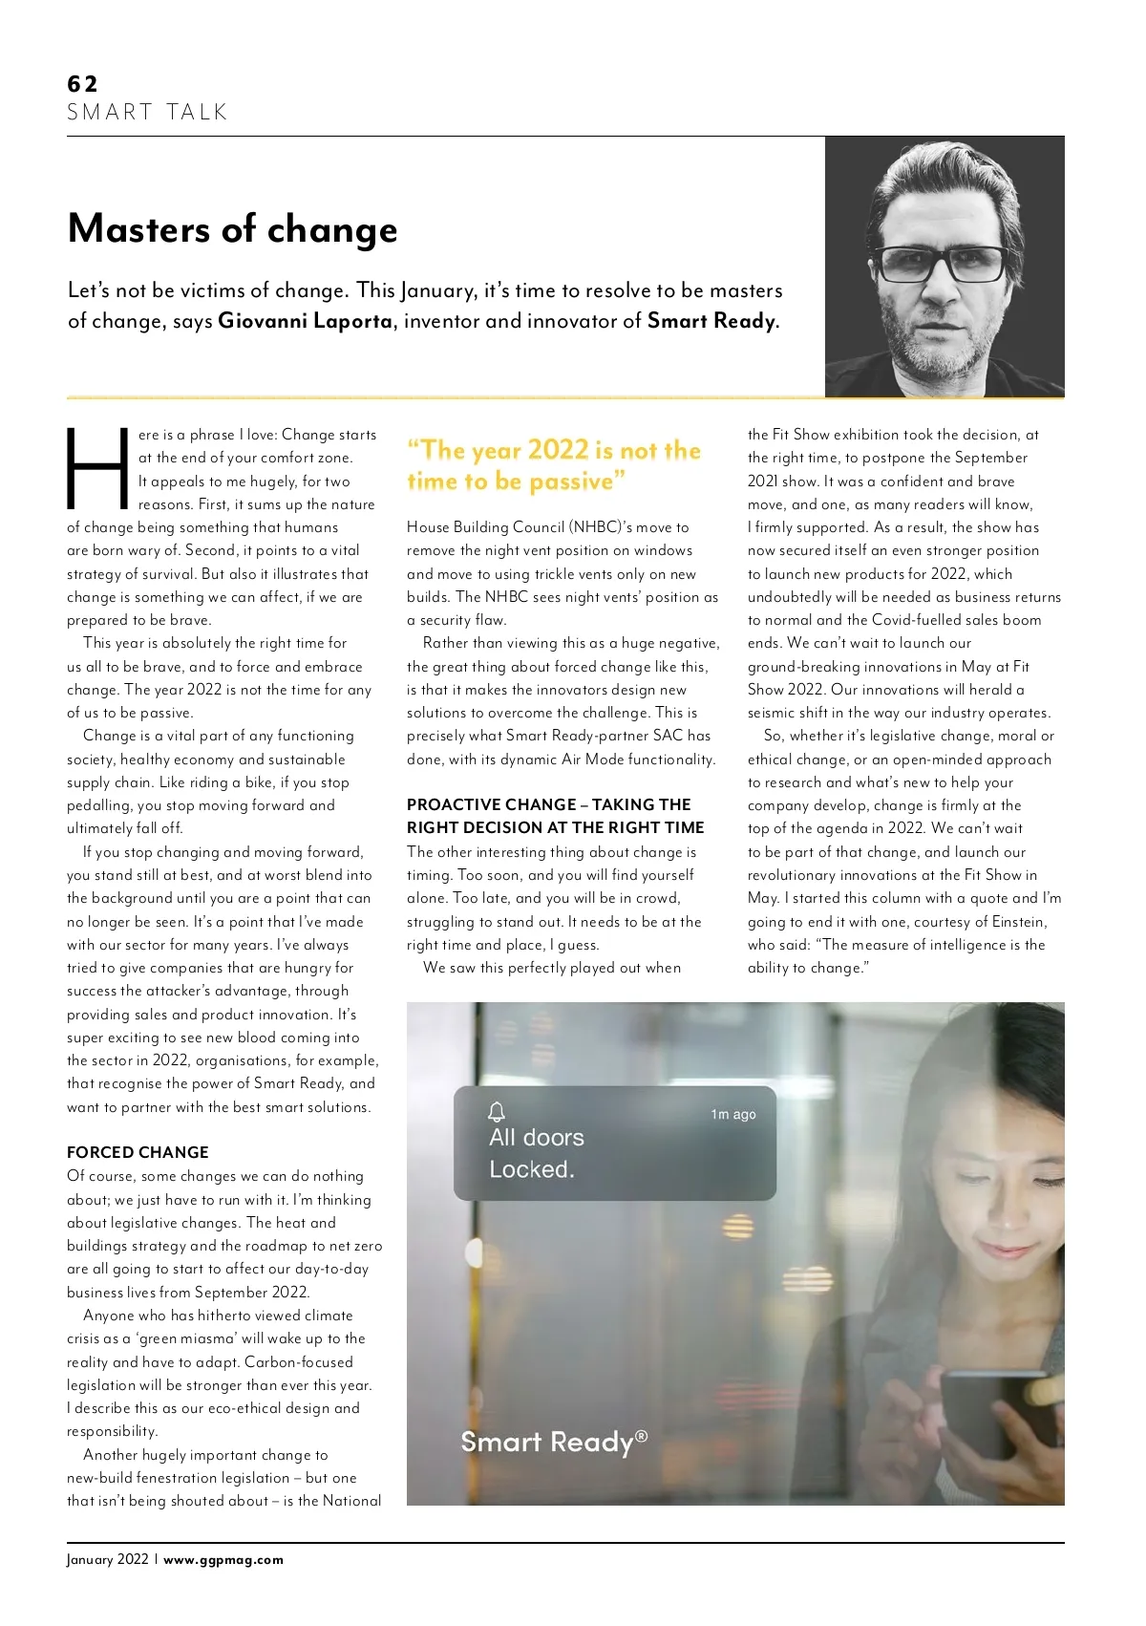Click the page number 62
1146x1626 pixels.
click(x=82, y=84)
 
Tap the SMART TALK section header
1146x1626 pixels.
click(x=147, y=113)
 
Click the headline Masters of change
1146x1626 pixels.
click(x=232, y=229)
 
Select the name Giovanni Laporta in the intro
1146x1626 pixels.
click(x=305, y=321)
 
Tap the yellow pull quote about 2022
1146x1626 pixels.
click(x=554, y=465)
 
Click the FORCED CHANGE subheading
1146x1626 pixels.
click(x=138, y=1152)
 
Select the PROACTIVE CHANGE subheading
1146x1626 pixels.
click(x=555, y=816)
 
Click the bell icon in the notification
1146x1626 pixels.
click(x=497, y=1111)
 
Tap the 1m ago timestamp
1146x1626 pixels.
click(x=732, y=1114)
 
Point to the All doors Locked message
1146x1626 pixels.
click(x=536, y=1153)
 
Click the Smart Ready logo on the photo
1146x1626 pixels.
click(x=553, y=1442)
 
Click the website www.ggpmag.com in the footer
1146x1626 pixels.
click(x=223, y=1559)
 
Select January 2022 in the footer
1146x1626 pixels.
click(x=107, y=1559)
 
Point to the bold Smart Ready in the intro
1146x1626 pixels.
click(x=711, y=321)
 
